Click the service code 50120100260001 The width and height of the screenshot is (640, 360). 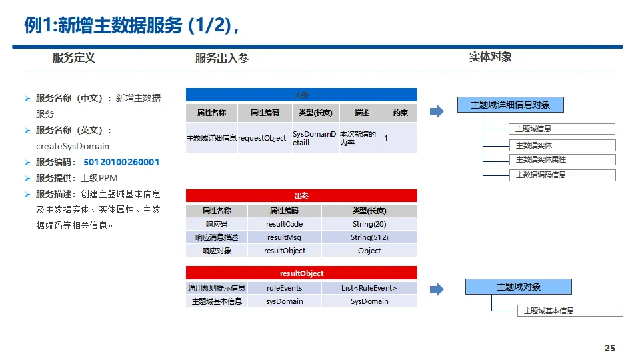coord(121,162)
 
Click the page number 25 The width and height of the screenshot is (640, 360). coord(609,348)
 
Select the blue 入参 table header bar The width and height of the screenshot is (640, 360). coord(301,95)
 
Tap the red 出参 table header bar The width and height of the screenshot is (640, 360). coord(301,196)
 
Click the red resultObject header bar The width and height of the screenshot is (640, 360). coord(301,273)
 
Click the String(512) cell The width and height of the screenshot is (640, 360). coord(369,237)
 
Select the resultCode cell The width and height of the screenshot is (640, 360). coord(285,224)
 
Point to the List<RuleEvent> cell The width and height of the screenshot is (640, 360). coord(369,288)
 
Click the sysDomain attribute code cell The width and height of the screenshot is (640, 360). coord(285,301)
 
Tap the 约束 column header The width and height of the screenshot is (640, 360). coord(400,113)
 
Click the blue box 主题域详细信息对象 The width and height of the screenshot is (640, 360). coord(511,105)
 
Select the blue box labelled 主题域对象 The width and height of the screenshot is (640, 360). coord(519,287)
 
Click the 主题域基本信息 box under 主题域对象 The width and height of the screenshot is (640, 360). coord(570,311)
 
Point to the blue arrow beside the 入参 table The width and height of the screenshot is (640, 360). coord(437,111)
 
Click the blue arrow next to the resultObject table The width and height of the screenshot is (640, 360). coord(437,289)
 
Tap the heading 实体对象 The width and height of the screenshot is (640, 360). coord(491,57)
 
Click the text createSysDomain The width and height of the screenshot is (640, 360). coord(73,146)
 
